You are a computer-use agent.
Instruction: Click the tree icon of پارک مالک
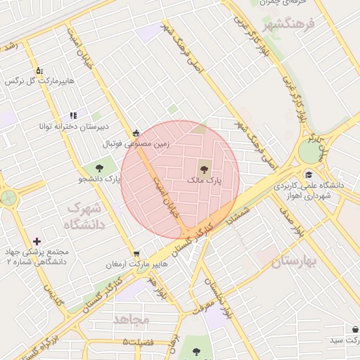click(204, 168)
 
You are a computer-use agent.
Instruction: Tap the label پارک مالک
click(204, 181)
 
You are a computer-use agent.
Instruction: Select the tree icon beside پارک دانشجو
click(98, 167)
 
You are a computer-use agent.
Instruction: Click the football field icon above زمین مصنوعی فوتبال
click(136, 133)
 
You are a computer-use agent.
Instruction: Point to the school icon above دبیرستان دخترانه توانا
click(72, 115)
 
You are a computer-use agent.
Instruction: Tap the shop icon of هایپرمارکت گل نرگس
click(39, 70)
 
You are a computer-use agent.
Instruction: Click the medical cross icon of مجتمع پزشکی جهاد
click(37, 241)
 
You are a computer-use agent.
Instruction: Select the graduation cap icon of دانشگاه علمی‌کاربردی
click(309, 174)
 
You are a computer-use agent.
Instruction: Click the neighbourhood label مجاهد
click(131, 319)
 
